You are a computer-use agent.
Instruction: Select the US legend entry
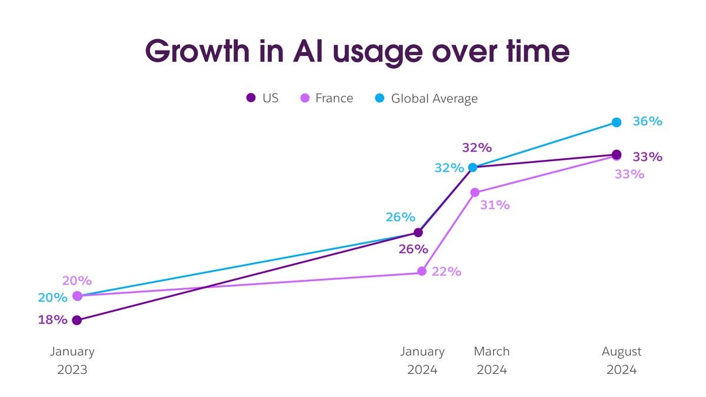[x=262, y=98]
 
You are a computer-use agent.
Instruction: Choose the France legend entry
[x=327, y=98]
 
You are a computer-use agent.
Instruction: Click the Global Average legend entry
[x=427, y=98]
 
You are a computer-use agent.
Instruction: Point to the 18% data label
[x=52, y=320]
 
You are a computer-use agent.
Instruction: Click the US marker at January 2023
[x=76, y=320]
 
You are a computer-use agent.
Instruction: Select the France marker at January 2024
[x=422, y=271]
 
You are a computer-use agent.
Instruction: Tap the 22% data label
[x=446, y=272]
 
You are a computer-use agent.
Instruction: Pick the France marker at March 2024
[x=475, y=192]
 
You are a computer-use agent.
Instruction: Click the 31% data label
[x=495, y=205]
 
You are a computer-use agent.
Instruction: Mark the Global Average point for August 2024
[x=616, y=122]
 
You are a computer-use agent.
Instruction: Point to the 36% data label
[x=647, y=121]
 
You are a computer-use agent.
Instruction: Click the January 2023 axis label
[x=72, y=361]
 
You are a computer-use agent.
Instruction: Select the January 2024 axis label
[x=422, y=361]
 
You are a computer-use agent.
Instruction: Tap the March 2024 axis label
[x=492, y=361]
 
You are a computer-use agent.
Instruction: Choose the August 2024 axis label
[x=621, y=361]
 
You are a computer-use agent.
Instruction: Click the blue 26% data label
[x=401, y=217]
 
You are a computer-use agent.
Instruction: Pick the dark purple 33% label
[x=647, y=157]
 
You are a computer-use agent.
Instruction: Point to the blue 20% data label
[x=52, y=298]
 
